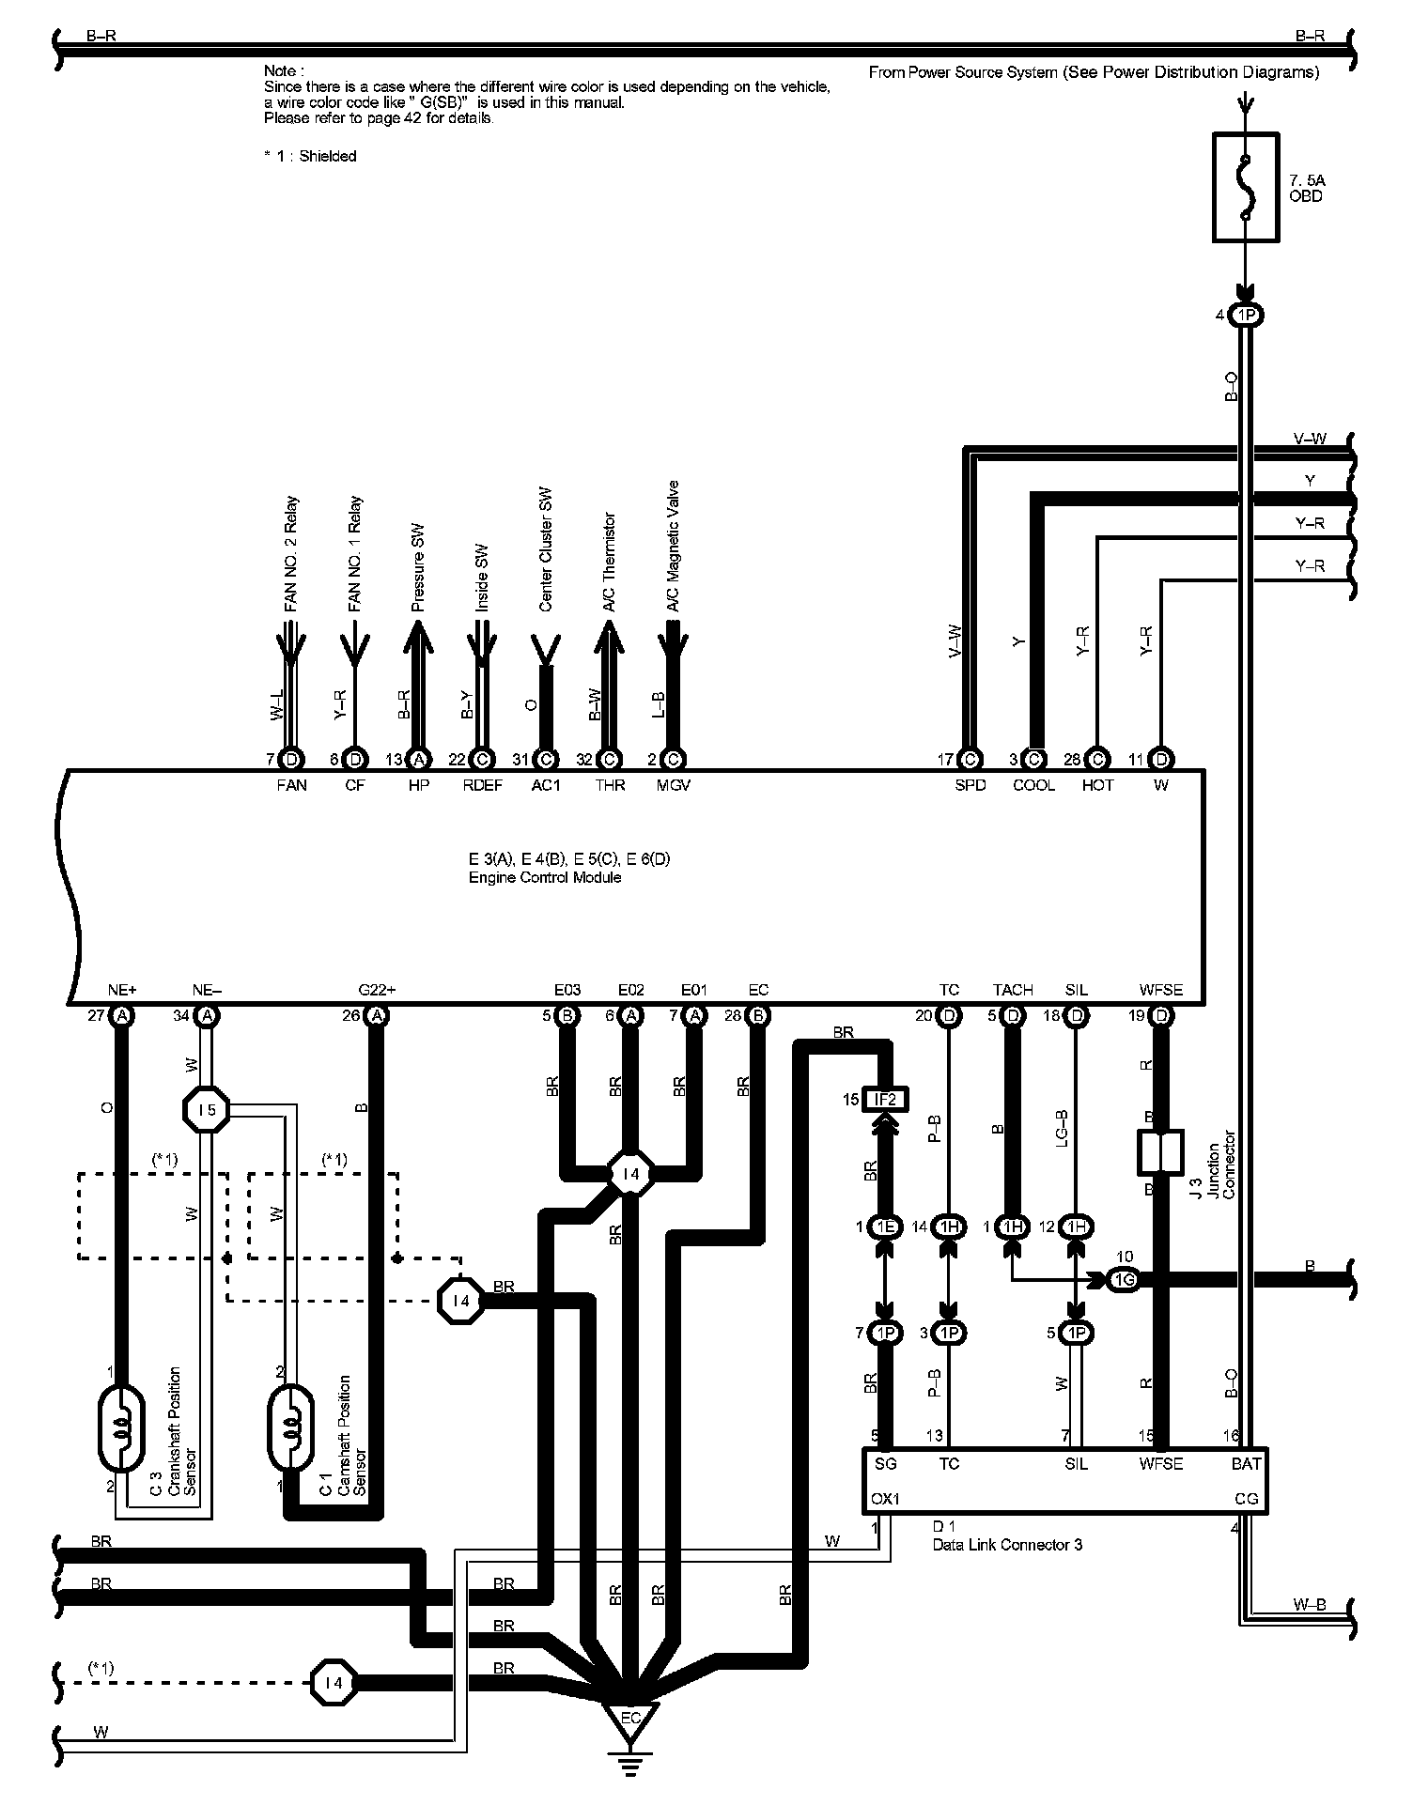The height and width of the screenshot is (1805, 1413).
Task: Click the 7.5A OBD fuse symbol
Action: [x=1246, y=188]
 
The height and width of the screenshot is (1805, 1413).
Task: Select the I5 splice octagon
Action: [x=208, y=1110]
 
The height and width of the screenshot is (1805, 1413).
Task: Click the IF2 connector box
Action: [x=885, y=1099]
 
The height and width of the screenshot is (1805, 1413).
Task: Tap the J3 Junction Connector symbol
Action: [x=1160, y=1152]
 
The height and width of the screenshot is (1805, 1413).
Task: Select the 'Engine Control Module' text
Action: [x=545, y=877]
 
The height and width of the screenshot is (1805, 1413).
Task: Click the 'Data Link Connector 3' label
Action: [x=1007, y=1544]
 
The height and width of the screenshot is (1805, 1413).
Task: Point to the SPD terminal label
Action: [x=970, y=785]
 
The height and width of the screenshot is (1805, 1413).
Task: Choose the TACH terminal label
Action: [x=1013, y=990]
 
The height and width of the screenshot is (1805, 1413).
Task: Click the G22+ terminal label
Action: [x=377, y=990]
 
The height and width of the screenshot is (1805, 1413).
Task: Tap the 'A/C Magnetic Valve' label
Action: [x=673, y=547]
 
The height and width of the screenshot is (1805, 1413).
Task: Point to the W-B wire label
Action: [x=1309, y=1604]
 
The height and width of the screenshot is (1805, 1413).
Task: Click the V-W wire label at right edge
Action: [x=1310, y=439]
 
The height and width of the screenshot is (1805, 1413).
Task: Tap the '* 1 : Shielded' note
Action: [x=310, y=156]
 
